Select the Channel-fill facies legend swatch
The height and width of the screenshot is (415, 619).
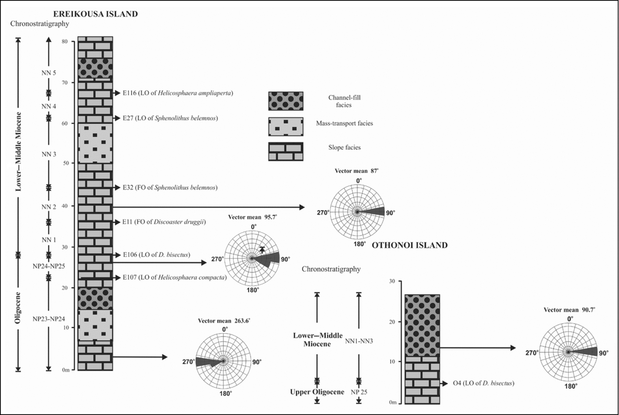coord(285,101)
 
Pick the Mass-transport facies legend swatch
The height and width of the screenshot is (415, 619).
coord(285,127)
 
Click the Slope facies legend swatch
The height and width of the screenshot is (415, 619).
coord(285,151)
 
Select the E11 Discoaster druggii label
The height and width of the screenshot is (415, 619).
coord(164,222)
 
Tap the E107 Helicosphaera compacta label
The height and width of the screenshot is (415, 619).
coord(174,278)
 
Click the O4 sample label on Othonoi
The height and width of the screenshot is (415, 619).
coord(483,383)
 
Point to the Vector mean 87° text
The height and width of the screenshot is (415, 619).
coord(356,171)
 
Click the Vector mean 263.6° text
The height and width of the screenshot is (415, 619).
coord(224,321)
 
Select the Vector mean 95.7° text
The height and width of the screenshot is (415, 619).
coord(252,217)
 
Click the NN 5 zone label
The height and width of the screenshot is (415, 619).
coord(49,73)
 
